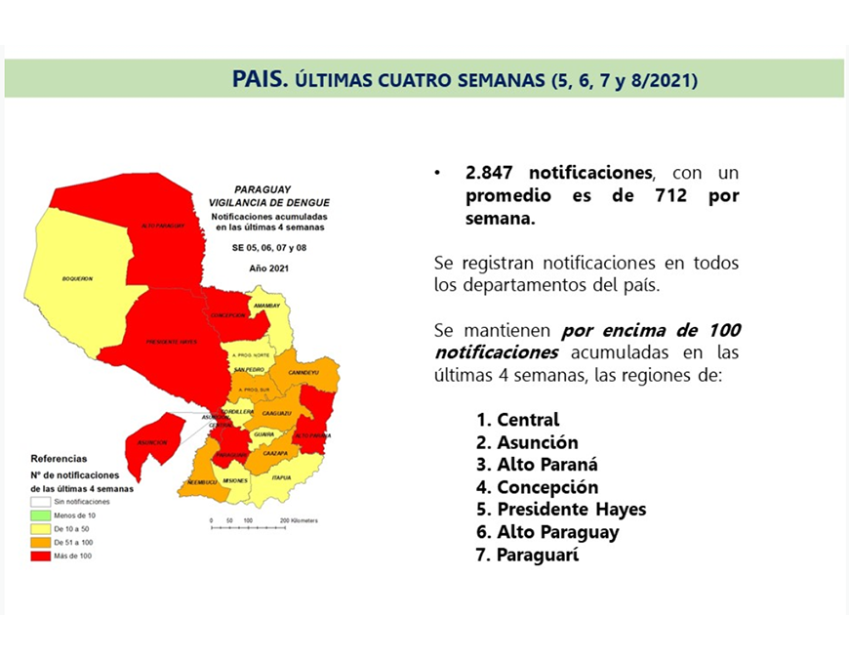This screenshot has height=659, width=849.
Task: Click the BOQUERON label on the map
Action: tap(77, 278)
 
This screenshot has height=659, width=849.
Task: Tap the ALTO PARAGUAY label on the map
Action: tap(163, 226)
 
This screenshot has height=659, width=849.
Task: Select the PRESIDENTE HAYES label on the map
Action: tap(172, 342)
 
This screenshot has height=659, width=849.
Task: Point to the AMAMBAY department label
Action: tap(266, 306)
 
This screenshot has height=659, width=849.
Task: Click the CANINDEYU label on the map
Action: tap(304, 372)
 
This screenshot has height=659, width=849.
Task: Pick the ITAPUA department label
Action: tap(282, 477)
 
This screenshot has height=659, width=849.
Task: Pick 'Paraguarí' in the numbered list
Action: tap(538, 555)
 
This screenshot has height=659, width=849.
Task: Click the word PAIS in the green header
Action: tap(261, 79)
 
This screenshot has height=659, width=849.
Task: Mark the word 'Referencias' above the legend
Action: tap(59, 458)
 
